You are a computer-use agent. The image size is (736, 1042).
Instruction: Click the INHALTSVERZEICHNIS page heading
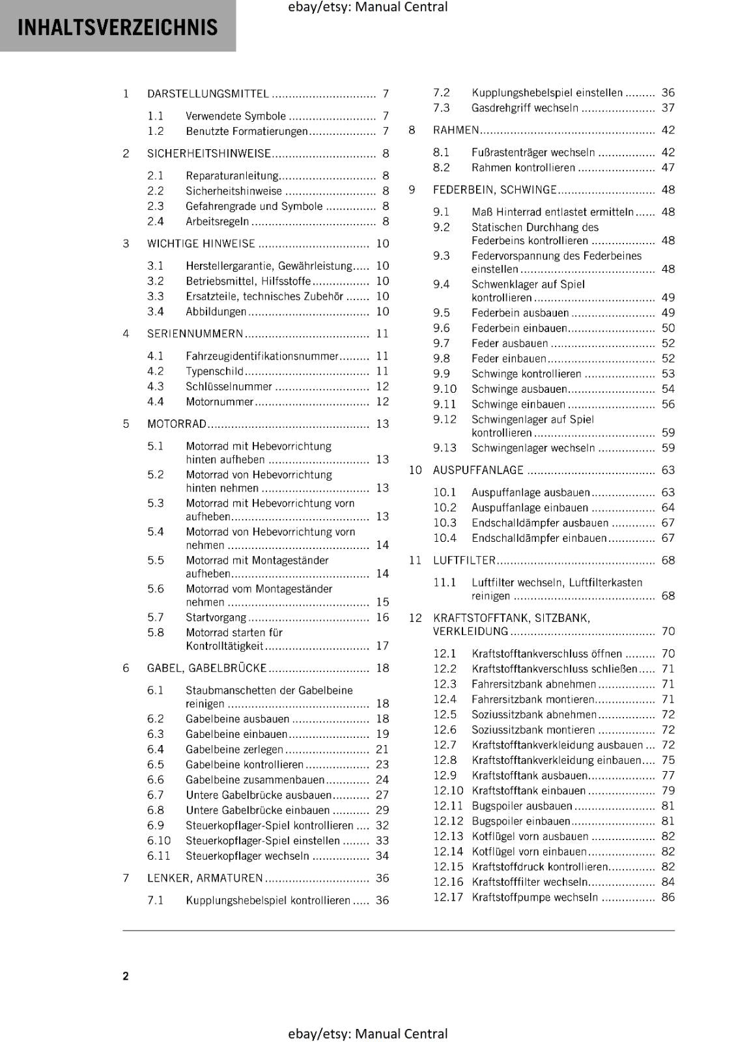tap(117, 27)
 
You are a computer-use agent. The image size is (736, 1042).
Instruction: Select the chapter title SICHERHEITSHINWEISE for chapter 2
tap(209, 154)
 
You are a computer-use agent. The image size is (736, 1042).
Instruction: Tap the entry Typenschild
tap(214, 371)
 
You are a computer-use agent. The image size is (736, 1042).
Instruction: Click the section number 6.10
tap(159, 841)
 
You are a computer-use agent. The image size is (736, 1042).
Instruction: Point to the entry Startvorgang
tap(216, 617)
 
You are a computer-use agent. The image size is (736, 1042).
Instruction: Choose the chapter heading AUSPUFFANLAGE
tap(478, 470)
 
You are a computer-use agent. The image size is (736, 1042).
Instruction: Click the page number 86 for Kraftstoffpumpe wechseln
tap(668, 897)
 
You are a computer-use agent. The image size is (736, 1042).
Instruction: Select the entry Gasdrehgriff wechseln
tap(525, 108)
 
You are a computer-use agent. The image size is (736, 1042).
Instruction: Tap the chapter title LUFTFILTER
tap(464, 561)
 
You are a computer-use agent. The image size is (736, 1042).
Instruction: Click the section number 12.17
tap(448, 897)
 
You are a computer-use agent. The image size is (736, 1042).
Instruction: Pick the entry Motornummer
tap(219, 402)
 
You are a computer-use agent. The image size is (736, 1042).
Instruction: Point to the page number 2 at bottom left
tap(126, 976)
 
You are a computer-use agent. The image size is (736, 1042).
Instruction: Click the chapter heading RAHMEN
tap(456, 130)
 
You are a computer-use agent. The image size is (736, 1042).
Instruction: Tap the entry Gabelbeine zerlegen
tap(234, 750)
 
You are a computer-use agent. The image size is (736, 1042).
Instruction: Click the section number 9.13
tap(445, 448)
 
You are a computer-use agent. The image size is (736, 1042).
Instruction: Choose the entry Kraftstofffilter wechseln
tap(530, 882)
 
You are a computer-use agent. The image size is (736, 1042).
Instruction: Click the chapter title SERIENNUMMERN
tap(195, 334)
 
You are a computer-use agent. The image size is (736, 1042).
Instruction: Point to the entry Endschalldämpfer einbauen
tap(539, 539)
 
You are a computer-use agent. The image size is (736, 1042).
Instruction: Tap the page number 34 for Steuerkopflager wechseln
tap(382, 856)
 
